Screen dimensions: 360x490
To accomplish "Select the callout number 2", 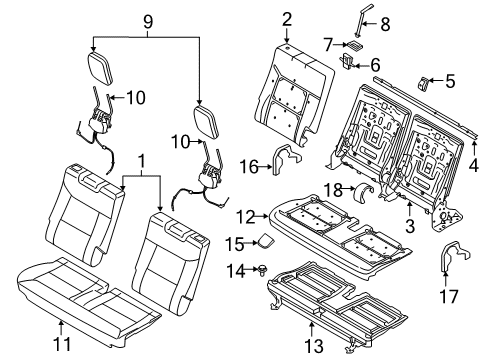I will [x=286, y=18].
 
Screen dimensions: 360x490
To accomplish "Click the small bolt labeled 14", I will [x=261, y=269].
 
